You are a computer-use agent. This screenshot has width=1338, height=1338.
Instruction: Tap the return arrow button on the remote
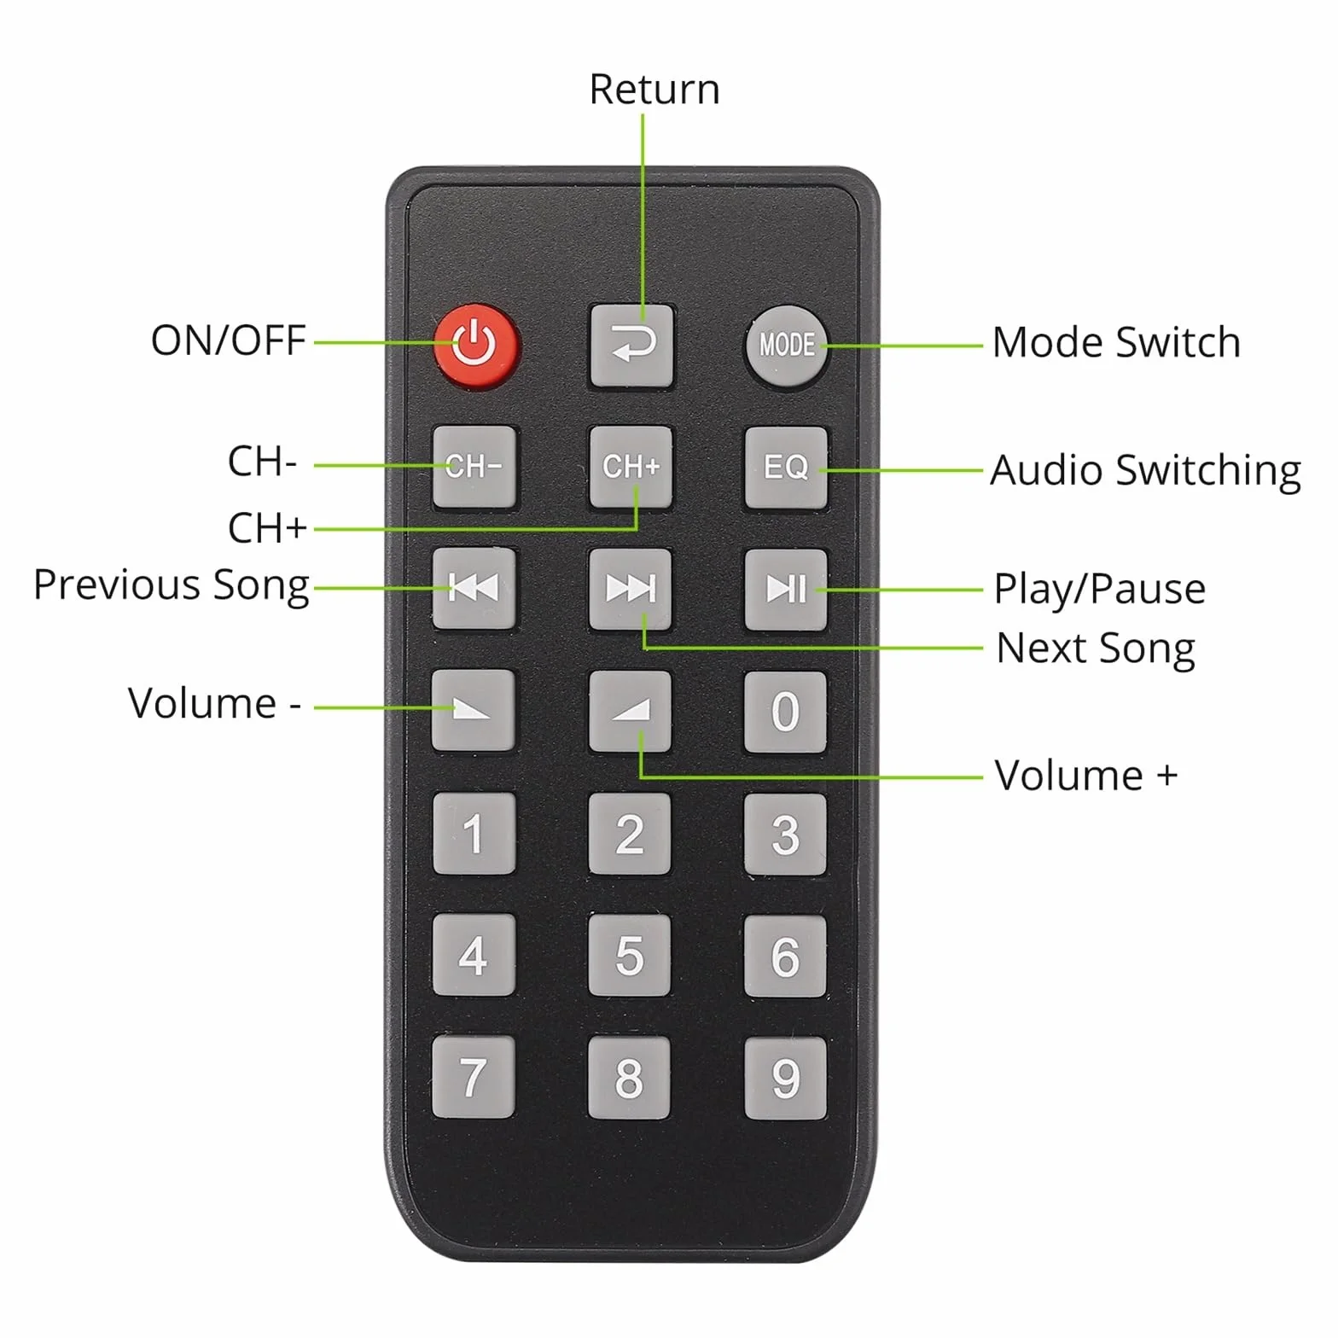click(631, 346)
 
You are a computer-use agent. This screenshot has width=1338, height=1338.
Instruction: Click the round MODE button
click(786, 346)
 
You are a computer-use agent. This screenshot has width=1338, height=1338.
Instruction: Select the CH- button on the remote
click(474, 467)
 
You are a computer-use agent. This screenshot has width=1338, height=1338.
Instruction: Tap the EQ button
click(786, 468)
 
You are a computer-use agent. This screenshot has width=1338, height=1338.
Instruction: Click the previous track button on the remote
click(474, 589)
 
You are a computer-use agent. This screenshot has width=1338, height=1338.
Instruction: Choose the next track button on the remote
click(630, 589)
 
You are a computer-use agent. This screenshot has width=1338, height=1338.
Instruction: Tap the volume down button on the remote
click(473, 710)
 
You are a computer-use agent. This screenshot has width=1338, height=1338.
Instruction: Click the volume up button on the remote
click(630, 711)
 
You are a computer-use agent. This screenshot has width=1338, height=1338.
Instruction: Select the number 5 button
click(629, 955)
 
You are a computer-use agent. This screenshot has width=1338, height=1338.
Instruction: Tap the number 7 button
click(473, 1077)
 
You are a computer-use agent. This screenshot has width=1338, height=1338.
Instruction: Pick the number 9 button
click(785, 1078)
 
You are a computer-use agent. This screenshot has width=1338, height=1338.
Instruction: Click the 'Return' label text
click(654, 90)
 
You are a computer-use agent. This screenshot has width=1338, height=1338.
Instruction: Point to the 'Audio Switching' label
click(1145, 471)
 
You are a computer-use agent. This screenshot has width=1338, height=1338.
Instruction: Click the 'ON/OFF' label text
click(228, 340)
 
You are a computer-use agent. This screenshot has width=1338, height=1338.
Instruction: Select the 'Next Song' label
click(1096, 649)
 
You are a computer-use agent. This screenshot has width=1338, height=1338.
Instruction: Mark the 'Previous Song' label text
click(171, 586)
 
